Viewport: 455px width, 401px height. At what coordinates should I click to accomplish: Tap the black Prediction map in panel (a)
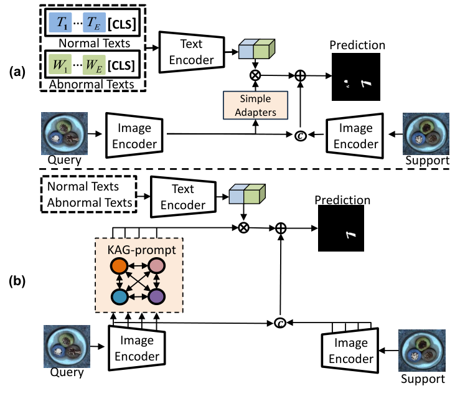354,76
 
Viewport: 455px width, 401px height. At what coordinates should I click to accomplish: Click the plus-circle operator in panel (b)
281,229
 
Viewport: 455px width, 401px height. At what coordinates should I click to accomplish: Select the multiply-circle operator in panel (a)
255,76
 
